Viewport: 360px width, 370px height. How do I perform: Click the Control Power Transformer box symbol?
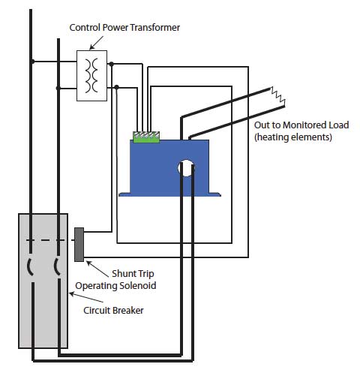(x=91, y=76)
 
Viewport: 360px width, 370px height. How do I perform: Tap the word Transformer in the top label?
(x=155, y=27)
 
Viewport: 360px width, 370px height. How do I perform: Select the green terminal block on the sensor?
(x=146, y=137)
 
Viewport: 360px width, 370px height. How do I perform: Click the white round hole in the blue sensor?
(x=186, y=167)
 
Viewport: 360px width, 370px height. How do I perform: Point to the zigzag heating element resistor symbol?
(x=278, y=96)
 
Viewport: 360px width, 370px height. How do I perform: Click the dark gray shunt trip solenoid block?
(x=79, y=245)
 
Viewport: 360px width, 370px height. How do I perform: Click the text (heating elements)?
(x=293, y=137)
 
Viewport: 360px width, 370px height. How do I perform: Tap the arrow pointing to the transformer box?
(x=96, y=43)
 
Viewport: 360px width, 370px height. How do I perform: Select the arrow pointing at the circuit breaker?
(x=86, y=297)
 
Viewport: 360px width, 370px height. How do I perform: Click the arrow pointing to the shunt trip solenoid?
(x=97, y=269)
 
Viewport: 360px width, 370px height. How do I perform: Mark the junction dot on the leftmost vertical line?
(x=32, y=62)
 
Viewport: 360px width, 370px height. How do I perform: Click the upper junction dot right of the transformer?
(x=111, y=64)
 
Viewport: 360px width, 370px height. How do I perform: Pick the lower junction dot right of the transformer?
(x=116, y=87)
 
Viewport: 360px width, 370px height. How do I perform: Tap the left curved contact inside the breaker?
(x=30, y=267)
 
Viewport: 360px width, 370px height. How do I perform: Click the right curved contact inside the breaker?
(x=57, y=267)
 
